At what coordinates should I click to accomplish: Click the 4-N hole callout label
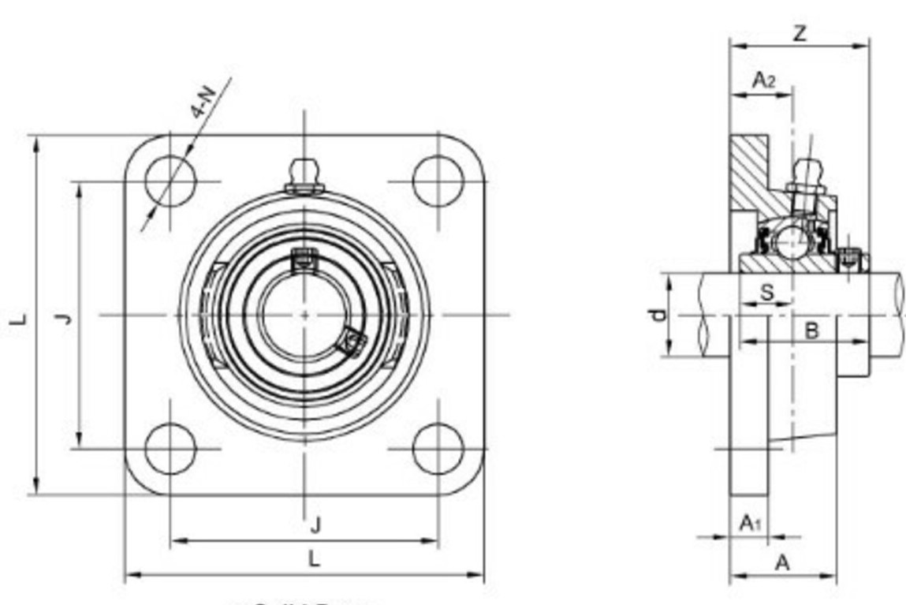tap(203, 101)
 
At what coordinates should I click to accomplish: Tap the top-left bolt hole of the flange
tap(170, 181)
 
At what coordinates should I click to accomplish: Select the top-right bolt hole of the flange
tap(438, 181)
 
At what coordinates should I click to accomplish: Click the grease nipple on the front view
tap(304, 176)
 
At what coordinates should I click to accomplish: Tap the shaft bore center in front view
tap(304, 314)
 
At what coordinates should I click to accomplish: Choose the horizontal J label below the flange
tap(315, 524)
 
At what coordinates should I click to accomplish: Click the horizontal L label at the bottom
tap(314, 559)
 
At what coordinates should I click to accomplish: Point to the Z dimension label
tap(800, 34)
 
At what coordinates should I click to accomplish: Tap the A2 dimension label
tap(762, 79)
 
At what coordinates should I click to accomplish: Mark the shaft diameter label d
tap(658, 315)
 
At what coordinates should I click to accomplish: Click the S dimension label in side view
tap(766, 293)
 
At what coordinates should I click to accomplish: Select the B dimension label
tap(811, 331)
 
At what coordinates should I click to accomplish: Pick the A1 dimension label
tap(750, 522)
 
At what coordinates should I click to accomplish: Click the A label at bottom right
tap(782, 562)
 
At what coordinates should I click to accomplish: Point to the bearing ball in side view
tap(791, 237)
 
